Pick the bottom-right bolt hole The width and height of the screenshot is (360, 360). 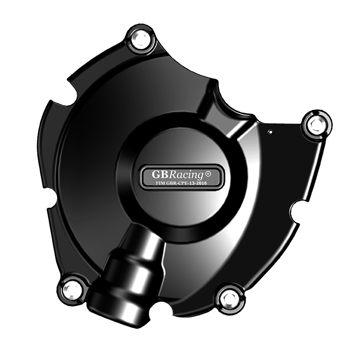(230, 298)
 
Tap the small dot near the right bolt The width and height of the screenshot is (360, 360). (270, 132)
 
